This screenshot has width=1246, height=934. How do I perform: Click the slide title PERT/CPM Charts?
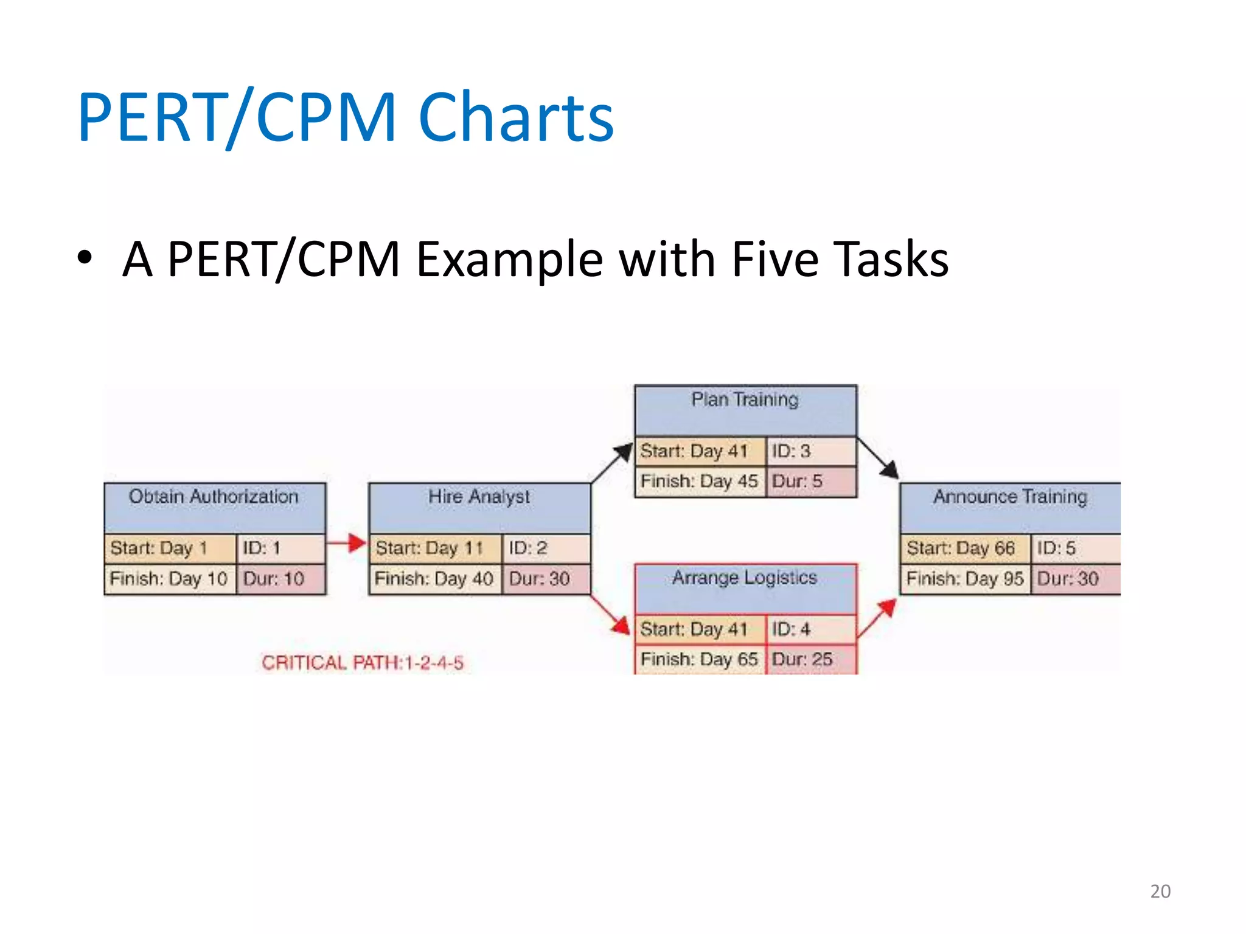pyautogui.click(x=346, y=117)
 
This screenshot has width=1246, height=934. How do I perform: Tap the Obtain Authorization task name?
pyautogui.click(x=214, y=497)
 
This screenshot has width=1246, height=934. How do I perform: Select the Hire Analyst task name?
pyautogui.click(x=479, y=497)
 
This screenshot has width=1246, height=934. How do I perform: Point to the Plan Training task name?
pyautogui.click(x=745, y=400)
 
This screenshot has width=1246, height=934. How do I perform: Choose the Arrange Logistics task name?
pyautogui.click(x=745, y=578)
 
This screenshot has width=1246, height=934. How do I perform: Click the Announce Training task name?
pyautogui.click(x=1010, y=497)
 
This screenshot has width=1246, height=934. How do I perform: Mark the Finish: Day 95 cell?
pyautogui.click(x=965, y=579)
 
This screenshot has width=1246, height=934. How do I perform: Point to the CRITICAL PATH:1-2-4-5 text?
pyautogui.click(x=363, y=662)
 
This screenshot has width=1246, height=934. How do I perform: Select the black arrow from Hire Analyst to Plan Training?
pyautogui.click(x=612, y=463)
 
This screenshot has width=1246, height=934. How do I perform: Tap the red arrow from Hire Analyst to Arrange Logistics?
pyautogui.click(x=611, y=615)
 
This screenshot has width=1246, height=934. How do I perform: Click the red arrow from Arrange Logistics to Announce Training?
pyautogui.click(x=877, y=618)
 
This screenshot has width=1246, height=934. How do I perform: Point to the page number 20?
pyautogui.click(x=1160, y=891)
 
